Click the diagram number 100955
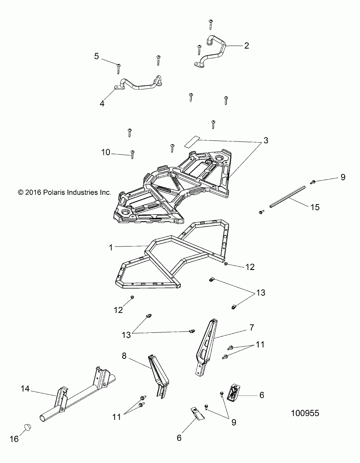305,413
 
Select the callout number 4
102,103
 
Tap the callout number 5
96,56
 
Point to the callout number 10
105,152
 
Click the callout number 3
265,141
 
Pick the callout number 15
315,207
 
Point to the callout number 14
25,389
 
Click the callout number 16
14,439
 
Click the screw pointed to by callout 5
118,68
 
